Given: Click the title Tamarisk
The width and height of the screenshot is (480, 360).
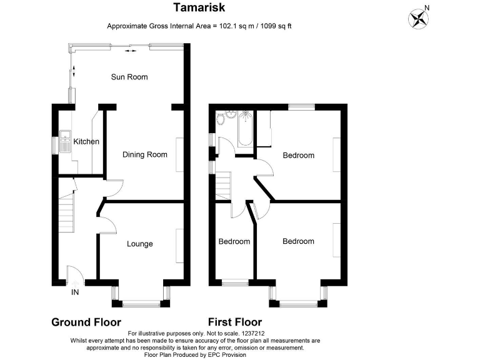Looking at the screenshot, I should [199, 7].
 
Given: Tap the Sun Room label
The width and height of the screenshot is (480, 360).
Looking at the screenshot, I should [129, 77].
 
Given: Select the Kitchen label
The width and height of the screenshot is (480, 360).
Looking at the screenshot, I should [86, 141].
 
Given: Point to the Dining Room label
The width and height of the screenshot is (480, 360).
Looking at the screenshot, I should [144, 154].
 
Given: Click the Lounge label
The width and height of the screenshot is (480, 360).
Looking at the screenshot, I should [140, 244].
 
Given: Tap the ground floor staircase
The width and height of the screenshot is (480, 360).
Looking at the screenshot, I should [65, 209].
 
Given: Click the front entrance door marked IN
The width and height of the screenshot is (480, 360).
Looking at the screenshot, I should [74, 276].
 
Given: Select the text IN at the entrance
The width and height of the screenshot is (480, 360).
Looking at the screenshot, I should [75, 292].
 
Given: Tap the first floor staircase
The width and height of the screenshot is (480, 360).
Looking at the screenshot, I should [223, 186].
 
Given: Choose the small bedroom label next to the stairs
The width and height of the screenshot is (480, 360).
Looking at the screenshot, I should [234, 241].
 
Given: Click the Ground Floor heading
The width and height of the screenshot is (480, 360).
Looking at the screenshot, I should [86, 322].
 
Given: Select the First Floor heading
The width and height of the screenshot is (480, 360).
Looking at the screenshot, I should [235, 322].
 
